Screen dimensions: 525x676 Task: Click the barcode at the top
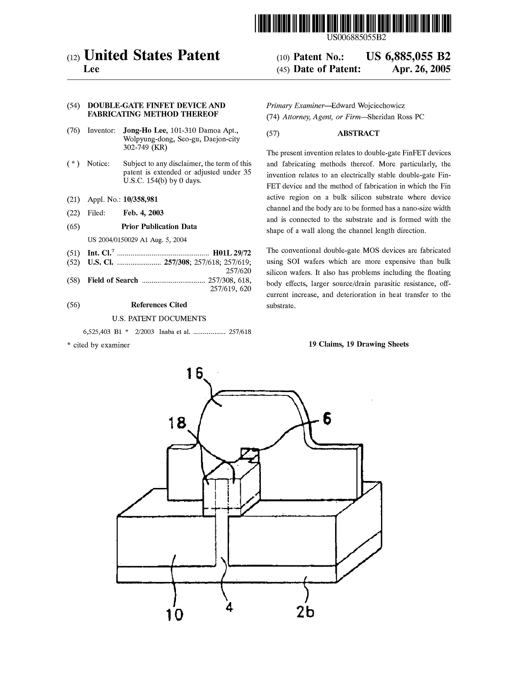tap(353, 23)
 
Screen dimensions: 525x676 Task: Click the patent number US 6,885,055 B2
tap(408, 57)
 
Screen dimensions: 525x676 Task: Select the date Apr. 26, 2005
tap(421, 69)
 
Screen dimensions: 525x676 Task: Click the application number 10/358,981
tap(140, 200)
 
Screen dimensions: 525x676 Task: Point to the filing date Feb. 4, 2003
tap(143, 213)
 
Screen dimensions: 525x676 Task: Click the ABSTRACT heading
tap(358, 133)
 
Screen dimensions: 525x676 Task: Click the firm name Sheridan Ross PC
tap(396, 117)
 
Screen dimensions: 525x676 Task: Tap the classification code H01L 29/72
tap(232, 253)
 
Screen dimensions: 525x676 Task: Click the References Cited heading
tap(159, 304)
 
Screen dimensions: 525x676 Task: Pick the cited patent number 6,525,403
tap(96, 331)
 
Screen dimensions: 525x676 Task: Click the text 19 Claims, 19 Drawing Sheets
tap(358, 344)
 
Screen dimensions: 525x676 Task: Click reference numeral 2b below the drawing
tap(305, 612)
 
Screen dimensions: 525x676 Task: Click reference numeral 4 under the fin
tap(229, 607)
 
